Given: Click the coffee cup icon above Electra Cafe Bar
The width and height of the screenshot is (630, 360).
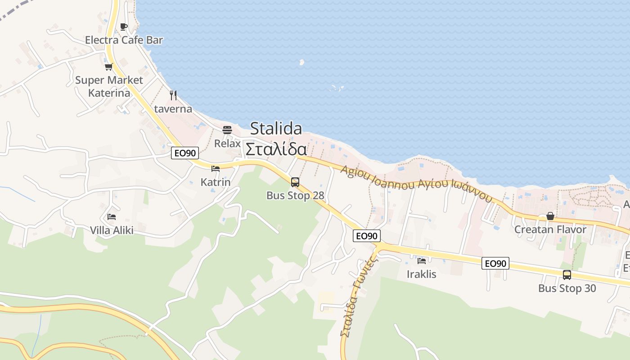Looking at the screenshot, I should (x=124, y=27).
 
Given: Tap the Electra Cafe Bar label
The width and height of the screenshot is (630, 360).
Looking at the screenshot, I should (x=124, y=40).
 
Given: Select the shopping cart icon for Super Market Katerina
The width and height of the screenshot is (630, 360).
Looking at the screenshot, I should (x=108, y=67).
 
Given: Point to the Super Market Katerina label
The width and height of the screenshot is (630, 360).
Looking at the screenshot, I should (x=109, y=86).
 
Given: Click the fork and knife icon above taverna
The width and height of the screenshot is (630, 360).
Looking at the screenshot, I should (x=173, y=95).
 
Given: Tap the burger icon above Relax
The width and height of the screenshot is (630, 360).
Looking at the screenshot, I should (x=227, y=130).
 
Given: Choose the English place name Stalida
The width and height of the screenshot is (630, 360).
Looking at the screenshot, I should (x=276, y=129).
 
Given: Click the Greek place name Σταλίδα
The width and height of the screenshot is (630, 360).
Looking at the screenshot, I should (x=276, y=149).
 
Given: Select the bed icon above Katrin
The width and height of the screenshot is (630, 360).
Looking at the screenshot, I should (x=216, y=169).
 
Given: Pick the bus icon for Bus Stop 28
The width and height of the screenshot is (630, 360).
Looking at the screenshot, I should (x=295, y=182).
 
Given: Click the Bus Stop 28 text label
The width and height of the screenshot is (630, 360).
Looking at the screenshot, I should (x=295, y=195).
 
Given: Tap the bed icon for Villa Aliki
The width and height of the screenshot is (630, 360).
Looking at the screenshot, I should (x=112, y=217).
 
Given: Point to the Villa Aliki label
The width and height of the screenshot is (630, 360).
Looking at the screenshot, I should (x=112, y=230).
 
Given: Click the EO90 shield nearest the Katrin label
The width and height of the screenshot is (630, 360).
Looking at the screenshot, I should (x=185, y=153).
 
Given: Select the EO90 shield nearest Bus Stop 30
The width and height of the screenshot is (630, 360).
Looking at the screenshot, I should (x=495, y=263).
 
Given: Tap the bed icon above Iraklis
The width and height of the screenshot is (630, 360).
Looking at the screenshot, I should (x=422, y=261).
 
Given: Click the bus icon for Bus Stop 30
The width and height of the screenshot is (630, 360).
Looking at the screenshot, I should (x=567, y=274).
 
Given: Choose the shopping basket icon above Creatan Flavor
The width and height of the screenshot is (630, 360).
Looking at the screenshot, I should (x=550, y=216).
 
